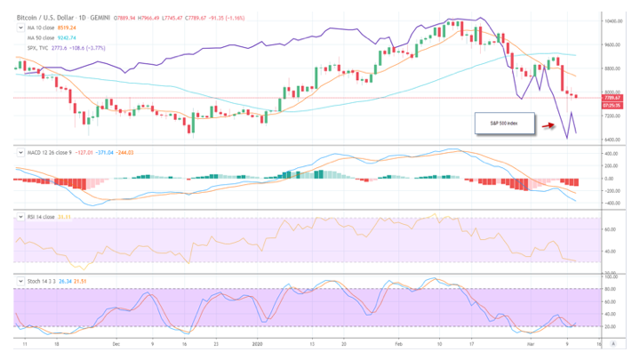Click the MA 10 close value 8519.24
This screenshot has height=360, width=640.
pos(67,28)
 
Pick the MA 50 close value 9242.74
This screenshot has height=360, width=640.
pos(67,36)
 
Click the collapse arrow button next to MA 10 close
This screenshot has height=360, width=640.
pos(20,28)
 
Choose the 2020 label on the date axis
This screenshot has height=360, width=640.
pos(258,342)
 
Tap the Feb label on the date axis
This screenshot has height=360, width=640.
pos(398,342)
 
